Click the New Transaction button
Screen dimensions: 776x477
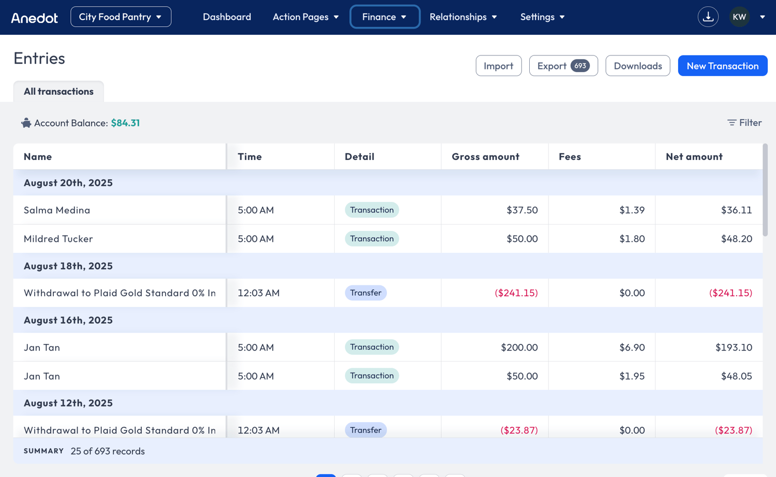[x=723, y=66]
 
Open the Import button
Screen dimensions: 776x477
[x=499, y=66]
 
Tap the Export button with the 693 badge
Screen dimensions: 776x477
[x=563, y=66]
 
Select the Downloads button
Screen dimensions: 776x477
[x=638, y=66]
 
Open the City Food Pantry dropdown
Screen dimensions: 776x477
[x=121, y=17]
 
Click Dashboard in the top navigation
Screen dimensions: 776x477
[x=227, y=17]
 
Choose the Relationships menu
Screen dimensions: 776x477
[x=463, y=17]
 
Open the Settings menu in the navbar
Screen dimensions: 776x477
[x=543, y=17]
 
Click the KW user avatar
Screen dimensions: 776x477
[x=739, y=17]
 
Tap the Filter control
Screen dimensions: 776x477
[x=744, y=122]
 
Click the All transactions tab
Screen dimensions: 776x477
[x=58, y=91]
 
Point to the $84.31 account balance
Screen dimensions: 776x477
[x=125, y=123]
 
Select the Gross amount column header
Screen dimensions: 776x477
[x=485, y=156]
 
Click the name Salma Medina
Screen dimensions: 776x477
[x=57, y=210]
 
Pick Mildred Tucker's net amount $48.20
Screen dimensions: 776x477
[x=737, y=239]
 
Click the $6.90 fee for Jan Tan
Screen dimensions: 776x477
[x=632, y=347]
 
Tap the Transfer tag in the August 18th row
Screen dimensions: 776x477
[x=365, y=293]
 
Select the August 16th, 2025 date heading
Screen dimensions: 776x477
[x=68, y=320]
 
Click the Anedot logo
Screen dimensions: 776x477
[x=34, y=18]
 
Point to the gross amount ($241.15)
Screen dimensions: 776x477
[x=516, y=293]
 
